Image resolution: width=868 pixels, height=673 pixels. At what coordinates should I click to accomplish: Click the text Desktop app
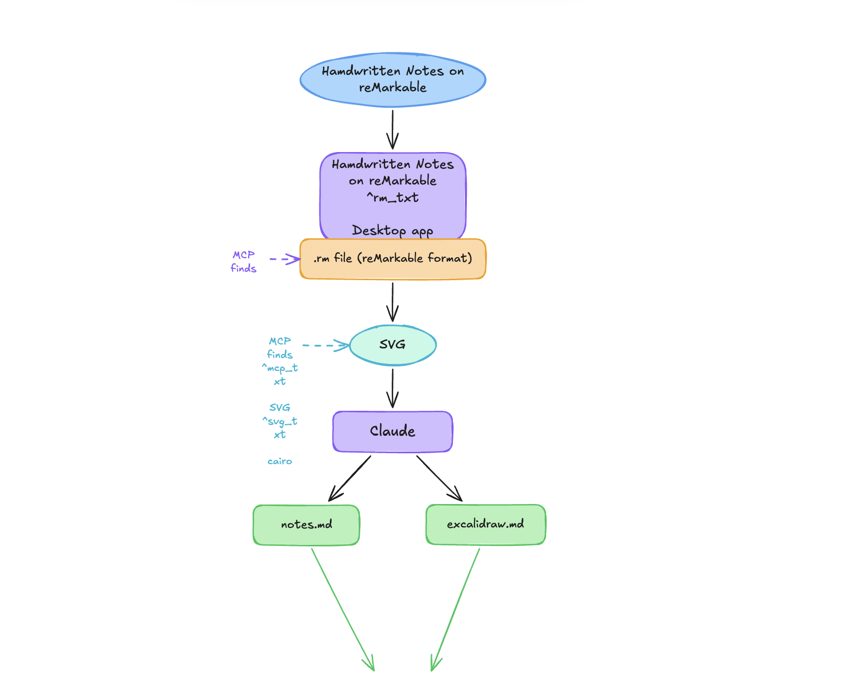tap(393, 230)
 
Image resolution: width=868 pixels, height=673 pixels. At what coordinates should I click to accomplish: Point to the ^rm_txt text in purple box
tap(393, 198)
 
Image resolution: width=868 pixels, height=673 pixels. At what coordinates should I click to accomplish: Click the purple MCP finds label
tap(244, 261)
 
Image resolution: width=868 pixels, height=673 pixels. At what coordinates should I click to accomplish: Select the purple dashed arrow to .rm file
tap(284, 259)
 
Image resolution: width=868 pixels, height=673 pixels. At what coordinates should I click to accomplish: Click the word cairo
tap(280, 461)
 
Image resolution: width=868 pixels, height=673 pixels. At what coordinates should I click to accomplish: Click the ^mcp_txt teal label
tap(280, 374)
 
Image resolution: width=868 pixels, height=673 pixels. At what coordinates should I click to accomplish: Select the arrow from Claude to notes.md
tap(350, 478)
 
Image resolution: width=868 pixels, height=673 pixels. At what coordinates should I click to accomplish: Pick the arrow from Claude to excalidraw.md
tap(439, 478)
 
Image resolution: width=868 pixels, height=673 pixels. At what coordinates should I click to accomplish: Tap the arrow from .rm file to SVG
tap(393, 302)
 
